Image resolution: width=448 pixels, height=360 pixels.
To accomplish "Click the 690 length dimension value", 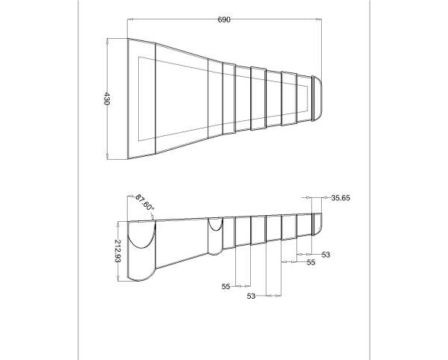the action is (224, 19).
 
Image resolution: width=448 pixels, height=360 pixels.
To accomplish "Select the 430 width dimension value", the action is (106, 99).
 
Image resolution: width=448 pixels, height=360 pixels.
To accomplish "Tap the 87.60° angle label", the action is (145, 202).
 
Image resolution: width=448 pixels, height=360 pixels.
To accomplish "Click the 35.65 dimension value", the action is (340, 198).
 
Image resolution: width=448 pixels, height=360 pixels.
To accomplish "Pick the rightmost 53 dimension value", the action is (326, 255).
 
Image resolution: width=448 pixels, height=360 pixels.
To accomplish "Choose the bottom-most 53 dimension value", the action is (251, 296).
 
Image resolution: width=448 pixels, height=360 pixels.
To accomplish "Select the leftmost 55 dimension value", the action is (225, 286).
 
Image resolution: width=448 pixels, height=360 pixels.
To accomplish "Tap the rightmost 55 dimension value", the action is (311, 262).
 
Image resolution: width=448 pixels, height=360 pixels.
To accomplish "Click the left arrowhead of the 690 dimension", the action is (130, 19).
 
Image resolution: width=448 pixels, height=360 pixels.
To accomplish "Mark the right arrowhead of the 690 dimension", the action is (319, 19).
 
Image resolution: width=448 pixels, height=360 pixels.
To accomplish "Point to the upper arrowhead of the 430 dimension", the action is (107, 41).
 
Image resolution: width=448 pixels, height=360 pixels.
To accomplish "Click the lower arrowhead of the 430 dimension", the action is (107, 156).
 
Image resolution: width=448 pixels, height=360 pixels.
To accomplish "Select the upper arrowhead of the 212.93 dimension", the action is (118, 225).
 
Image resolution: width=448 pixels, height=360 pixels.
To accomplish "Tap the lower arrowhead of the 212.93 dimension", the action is (118, 278).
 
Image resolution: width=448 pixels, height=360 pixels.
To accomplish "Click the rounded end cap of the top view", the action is (317, 98).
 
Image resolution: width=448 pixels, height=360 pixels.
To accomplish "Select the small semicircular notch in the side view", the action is (216, 230).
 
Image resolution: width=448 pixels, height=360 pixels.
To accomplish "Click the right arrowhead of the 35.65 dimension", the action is (324, 197).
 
